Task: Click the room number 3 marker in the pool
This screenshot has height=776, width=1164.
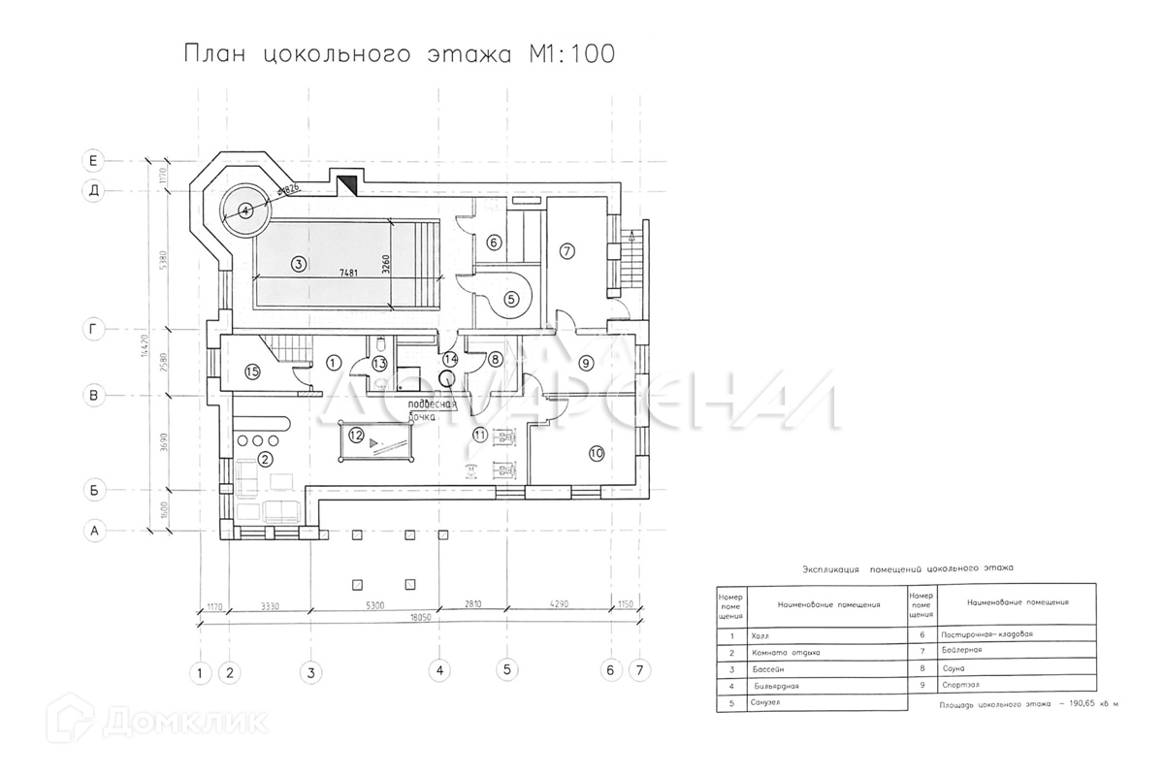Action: (x=299, y=263)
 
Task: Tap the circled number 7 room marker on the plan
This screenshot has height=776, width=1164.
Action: (x=568, y=250)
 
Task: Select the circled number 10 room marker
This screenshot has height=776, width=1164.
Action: (x=596, y=452)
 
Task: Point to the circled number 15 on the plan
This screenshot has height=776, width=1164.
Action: (x=252, y=372)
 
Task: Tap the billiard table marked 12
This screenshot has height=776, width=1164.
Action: (x=374, y=444)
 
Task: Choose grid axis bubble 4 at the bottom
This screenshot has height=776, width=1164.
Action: (x=439, y=670)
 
